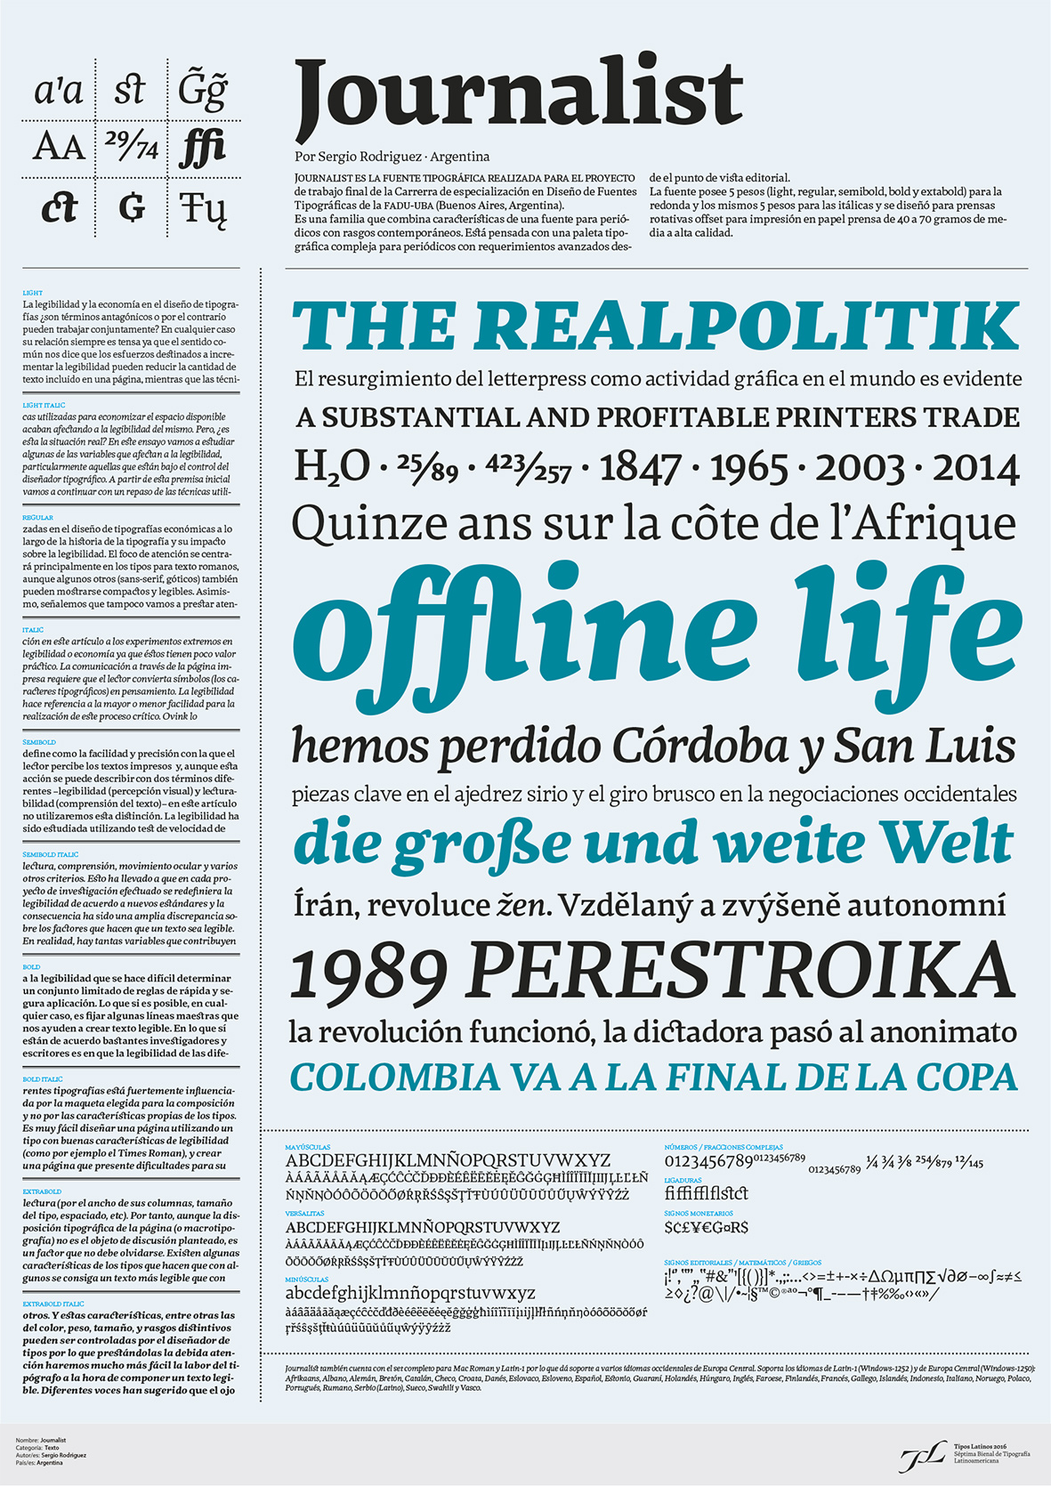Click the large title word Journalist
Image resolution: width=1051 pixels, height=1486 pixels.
click(518, 93)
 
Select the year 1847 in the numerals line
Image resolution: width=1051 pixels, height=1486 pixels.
click(641, 468)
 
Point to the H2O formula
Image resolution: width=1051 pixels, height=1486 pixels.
click(331, 466)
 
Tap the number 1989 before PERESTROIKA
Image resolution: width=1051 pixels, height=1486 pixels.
click(368, 972)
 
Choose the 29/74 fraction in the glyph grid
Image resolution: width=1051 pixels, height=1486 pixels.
click(131, 145)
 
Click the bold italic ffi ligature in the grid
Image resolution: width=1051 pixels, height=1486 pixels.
click(202, 147)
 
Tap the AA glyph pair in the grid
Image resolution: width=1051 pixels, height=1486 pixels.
click(59, 147)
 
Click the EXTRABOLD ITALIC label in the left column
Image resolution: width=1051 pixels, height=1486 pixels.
click(53, 1304)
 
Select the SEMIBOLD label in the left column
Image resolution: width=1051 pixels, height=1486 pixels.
click(39, 742)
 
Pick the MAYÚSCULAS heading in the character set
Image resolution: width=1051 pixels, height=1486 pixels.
click(307, 1147)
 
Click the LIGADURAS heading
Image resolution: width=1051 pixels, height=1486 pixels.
click(683, 1180)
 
